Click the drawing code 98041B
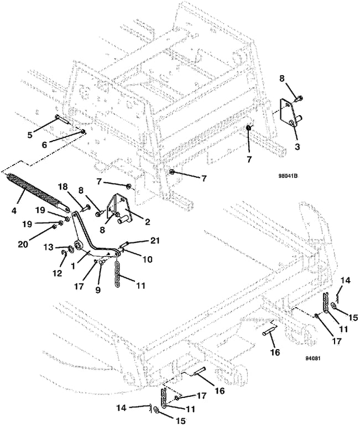288,175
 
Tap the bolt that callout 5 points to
61,120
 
